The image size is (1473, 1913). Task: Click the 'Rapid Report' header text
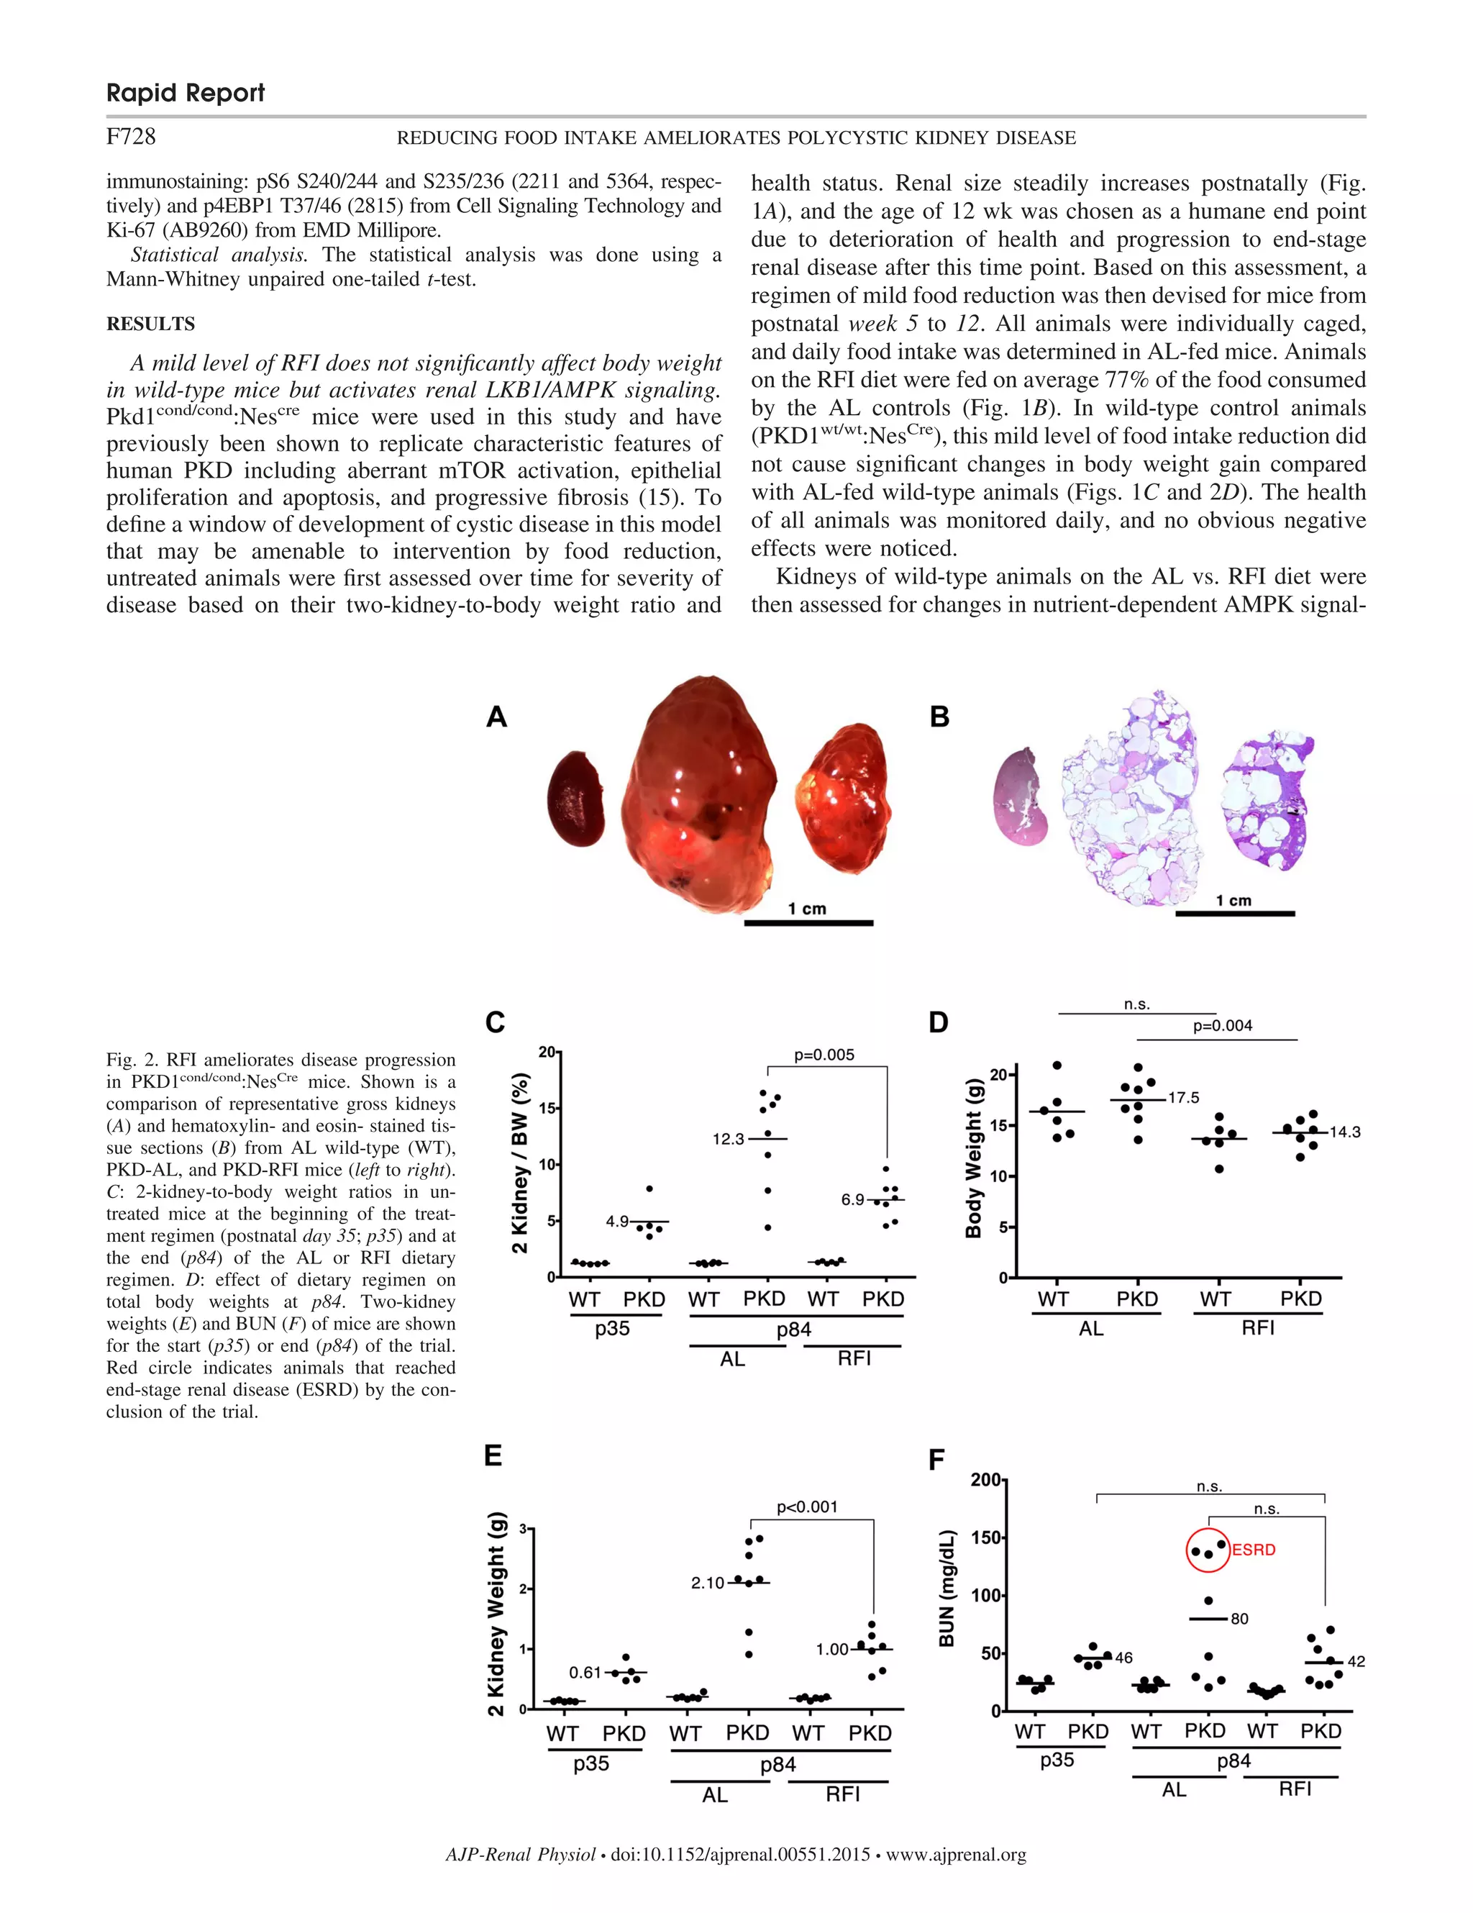[x=185, y=93]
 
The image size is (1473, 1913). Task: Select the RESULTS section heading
[x=150, y=324]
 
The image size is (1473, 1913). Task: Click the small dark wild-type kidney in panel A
[x=575, y=799]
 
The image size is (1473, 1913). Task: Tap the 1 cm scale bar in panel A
[x=808, y=922]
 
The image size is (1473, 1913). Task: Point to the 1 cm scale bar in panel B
[x=1234, y=913]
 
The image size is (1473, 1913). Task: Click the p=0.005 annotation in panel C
[x=824, y=1055]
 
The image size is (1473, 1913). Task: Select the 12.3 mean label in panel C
[x=728, y=1139]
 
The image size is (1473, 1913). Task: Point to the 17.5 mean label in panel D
[x=1183, y=1098]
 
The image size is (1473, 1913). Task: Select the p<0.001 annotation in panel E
[x=806, y=1507]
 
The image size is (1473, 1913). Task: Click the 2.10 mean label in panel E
[x=707, y=1583]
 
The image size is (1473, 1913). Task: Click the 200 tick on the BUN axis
[x=986, y=1479]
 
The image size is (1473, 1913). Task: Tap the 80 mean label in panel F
[x=1239, y=1619]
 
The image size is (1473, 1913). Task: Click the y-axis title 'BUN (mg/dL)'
[x=946, y=1588]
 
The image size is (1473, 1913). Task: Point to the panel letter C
[x=495, y=1022]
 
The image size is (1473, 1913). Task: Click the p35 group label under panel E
[x=591, y=1763]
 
